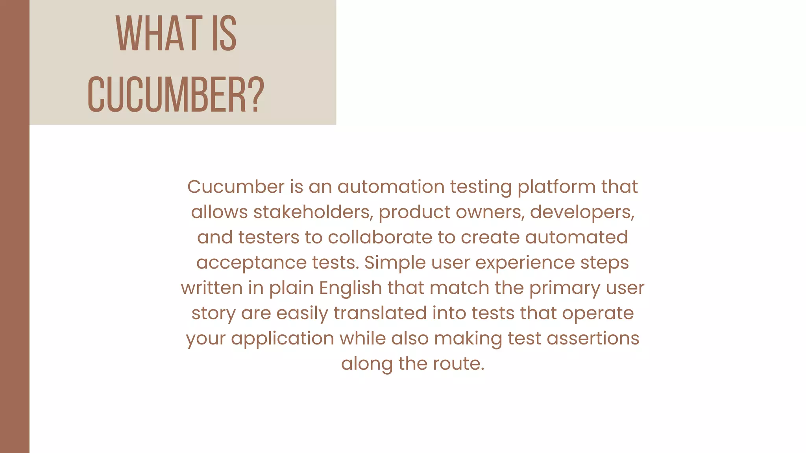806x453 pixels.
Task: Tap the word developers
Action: pyautogui.click(x=582, y=213)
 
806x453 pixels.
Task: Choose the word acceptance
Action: pyautogui.click(x=251, y=263)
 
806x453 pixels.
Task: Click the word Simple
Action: pyautogui.click(x=395, y=263)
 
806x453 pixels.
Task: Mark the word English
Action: pyautogui.click(x=350, y=288)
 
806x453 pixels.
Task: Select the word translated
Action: pyautogui.click(x=380, y=313)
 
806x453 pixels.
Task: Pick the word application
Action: pyautogui.click(x=282, y=339)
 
